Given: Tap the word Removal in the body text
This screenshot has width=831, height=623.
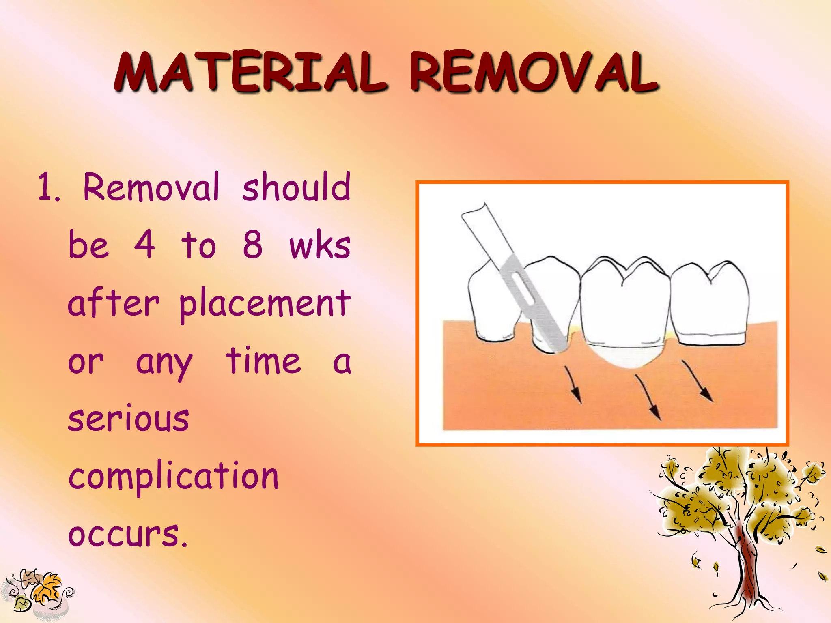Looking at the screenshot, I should coord(151,187).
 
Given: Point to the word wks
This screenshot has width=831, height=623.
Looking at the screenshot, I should coord(320,246).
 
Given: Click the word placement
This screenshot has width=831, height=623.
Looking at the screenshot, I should coord(265,305).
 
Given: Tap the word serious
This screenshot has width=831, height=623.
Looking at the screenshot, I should coord(129,419).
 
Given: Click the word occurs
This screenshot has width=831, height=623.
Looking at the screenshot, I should coord(128,534).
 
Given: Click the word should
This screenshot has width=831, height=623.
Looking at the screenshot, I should coord(296,187).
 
